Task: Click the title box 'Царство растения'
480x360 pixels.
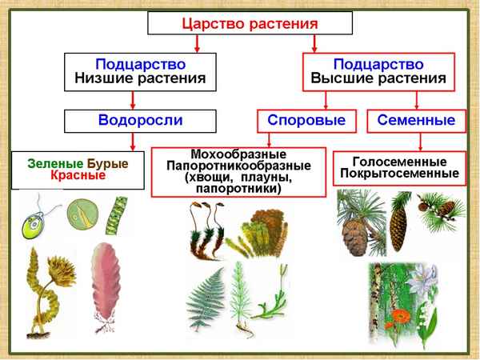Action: pyautogui.click(x=250, y=23)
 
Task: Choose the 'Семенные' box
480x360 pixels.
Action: pyautogui.click(x=415, y=121)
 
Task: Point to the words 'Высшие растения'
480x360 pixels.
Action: pyautogui.click(x=378, y=79)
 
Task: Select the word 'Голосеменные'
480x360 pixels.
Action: pyautogui.click(x=397, y=160)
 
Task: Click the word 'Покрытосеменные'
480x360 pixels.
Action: pyautogui.click(x=397, y=172)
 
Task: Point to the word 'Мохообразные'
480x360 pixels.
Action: pyautogui.click(x=238, y=154)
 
